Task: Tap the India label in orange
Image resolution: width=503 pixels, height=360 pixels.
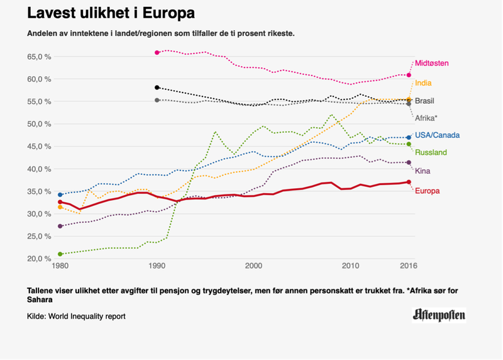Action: tap(423, 83)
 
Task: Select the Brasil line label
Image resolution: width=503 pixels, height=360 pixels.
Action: tap(424, 101)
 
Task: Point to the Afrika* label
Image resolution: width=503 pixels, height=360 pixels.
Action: tap(426, 118)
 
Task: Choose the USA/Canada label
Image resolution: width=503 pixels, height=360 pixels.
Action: tap(438, 135)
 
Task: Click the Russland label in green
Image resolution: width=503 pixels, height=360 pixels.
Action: tap(431, 152)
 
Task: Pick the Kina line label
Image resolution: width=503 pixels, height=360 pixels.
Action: tap(423, 171)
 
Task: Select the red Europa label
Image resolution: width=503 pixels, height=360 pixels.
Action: tap(427, 191)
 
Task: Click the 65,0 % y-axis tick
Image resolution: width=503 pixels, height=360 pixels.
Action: tap(39, 57)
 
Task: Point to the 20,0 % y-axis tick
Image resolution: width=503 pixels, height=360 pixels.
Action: tap(39, 259)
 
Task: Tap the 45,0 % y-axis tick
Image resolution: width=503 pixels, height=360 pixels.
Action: tap(39, 147)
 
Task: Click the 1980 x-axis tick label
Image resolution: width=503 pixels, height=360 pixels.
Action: tap(60, 267)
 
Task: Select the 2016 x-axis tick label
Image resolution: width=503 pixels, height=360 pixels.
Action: tap(409, 267)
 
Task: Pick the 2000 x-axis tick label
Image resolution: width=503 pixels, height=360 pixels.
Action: tap(254, 267)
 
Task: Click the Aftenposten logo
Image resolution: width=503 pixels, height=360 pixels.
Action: tap(439, 315)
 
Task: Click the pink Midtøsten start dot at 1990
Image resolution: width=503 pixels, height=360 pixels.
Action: tap(157, 52)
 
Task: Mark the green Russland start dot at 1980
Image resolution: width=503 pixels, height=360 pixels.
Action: tap(60, 254)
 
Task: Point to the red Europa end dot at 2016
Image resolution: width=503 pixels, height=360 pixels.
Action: tap(409, 182)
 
